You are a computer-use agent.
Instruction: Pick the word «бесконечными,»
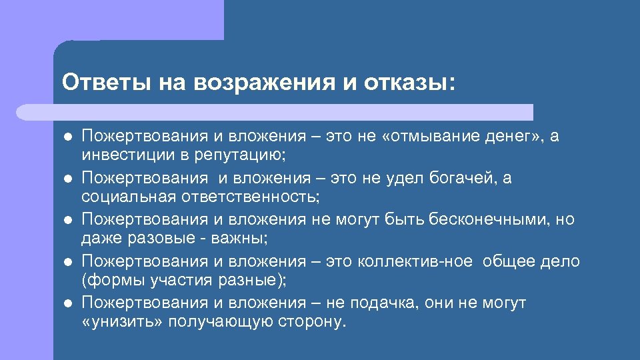490,220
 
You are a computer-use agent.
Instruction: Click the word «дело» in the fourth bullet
561,262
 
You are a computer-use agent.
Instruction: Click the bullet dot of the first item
68,137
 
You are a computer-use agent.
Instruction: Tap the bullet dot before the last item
68,304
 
